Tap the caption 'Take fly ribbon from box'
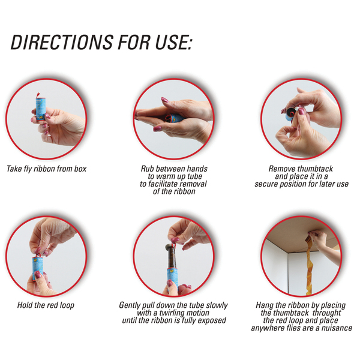(46, 169)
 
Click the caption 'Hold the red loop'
(46, 305)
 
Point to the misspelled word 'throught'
(326, 313)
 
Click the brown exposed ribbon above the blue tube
(172, 257)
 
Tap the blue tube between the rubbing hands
(176, 118)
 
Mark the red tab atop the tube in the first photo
(38, 95)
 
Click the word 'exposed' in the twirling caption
(212, 320)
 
